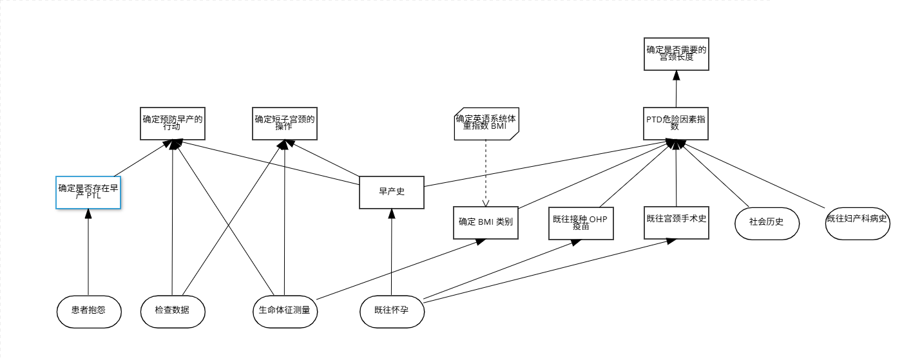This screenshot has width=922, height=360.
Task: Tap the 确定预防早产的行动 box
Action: pos(173,123)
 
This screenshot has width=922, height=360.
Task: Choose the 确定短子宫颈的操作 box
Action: pos(285,123)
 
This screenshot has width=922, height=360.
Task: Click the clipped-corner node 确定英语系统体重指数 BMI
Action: pos(486,123)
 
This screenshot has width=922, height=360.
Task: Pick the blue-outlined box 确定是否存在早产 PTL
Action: pos(88,192)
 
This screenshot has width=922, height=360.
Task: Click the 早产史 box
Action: pos(391,192)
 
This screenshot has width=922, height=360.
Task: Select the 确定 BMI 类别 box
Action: pos(486,223)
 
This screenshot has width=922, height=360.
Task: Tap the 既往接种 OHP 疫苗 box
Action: pos(581,223)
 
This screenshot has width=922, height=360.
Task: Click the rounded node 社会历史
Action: pos(767,223)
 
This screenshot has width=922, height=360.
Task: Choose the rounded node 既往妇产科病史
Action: pos(857,223)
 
